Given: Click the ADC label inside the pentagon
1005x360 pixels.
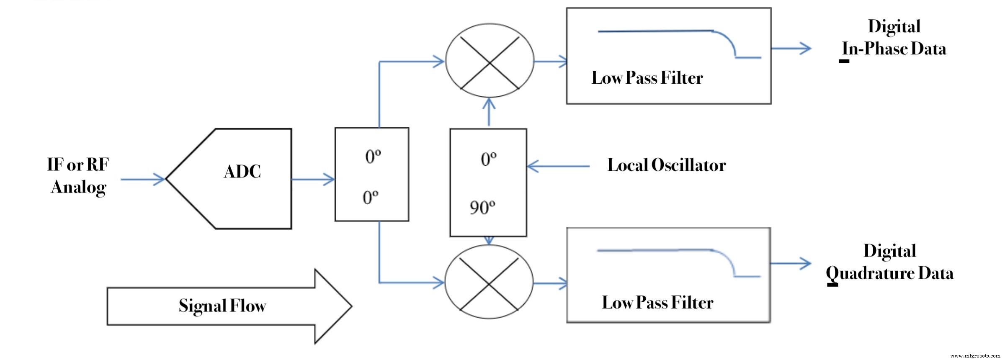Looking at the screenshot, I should pos(242,172).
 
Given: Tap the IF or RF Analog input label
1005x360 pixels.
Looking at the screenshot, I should pos(78,176).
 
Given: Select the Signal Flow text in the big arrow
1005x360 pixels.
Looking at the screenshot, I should pos(222,306).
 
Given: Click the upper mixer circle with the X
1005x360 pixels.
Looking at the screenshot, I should pos(490,61).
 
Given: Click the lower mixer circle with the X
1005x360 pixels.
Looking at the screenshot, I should pos(489,282).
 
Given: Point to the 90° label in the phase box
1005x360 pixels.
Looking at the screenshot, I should pos(482,208).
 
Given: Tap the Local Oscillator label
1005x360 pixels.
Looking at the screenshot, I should pos(666,165).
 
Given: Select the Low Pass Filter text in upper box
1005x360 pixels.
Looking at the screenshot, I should pos(647,78).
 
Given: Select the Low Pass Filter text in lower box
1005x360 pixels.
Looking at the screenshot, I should pos(657,303).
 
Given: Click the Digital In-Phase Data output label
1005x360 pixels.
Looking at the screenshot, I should pos(894,38).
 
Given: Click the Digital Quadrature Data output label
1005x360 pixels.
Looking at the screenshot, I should pos(889,262).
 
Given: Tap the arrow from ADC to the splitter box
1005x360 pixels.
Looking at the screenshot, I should pos(313,180).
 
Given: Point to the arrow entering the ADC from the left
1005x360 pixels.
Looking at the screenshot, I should pos(143,180).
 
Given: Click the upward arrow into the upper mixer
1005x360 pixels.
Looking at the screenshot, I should pos(489,112).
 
